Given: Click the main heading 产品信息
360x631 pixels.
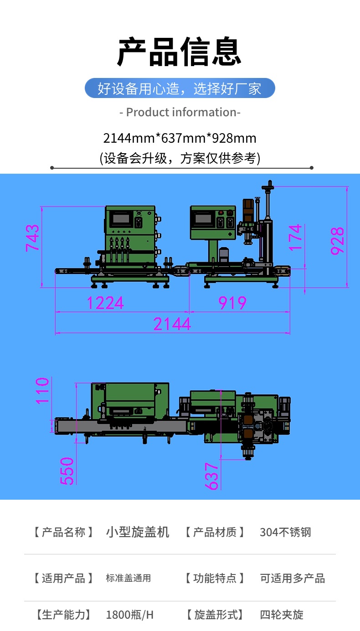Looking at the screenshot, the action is coord(179,52).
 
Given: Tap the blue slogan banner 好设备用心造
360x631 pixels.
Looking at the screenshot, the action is coord(180,88).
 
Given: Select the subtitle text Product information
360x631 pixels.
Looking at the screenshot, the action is coord(180,112).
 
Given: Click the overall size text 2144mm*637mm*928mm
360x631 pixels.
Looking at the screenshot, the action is coord(180,138).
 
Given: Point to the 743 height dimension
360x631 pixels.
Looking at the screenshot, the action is coord(32,238).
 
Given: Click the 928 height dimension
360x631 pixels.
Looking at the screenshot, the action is coord(337,241).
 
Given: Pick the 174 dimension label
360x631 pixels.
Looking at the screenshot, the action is coord(295,238).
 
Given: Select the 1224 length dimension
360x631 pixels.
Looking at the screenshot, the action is coord(105,303).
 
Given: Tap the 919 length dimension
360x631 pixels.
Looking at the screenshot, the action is coord(232,303).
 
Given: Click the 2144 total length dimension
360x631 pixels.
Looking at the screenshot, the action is coord(172,324).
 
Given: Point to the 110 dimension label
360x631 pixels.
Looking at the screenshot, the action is coord(42,391).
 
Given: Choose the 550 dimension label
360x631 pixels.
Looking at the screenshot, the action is coord(67,471).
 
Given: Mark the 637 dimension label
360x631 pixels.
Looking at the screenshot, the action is coord(211,476).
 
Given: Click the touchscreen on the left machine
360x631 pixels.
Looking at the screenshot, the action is coord(121,218).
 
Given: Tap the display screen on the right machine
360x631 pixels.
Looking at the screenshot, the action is coord(203,218).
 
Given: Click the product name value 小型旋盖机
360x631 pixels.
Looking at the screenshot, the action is coord(137,532).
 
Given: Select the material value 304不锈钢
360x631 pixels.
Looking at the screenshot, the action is coord(285,532).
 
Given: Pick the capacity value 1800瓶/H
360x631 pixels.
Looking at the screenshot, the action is coord(130,615).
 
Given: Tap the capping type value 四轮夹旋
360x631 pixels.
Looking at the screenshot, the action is coord(282,615).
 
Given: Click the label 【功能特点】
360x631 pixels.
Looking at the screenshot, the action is coord(215,578).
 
